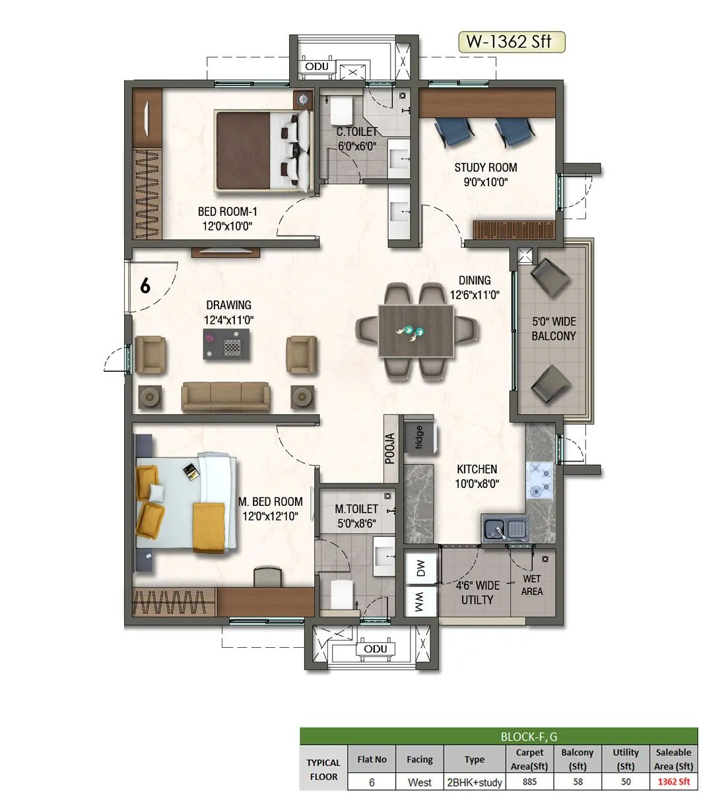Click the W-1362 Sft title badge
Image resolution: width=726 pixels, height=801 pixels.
tap(511, 42)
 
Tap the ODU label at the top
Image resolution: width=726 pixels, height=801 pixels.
tap(316, 67)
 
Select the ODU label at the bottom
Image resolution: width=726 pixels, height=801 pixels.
tap(376, 649)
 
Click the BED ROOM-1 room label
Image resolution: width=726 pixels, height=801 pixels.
tap(228, 219)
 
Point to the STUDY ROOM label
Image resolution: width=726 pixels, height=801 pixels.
tap(485, 174)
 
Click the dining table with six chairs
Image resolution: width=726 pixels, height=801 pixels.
tap(416, 331)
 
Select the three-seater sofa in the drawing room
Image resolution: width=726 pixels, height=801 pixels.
tap(226, 396)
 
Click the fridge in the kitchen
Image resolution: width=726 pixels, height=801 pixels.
tap(418, 436)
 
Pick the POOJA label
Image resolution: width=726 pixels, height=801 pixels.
tap(391, 448)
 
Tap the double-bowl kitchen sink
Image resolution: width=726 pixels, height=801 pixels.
tap(504, 529)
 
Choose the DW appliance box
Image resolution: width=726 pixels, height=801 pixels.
tap(420, 567)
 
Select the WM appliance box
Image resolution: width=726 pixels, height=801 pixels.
tap(420, 601)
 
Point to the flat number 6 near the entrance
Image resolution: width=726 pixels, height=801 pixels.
tap(145, 286)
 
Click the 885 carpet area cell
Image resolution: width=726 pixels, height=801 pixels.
tap(529, 782)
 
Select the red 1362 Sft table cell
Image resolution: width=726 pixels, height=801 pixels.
tap(673, 782)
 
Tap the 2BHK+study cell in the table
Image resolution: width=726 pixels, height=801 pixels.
tap(474, 782)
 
